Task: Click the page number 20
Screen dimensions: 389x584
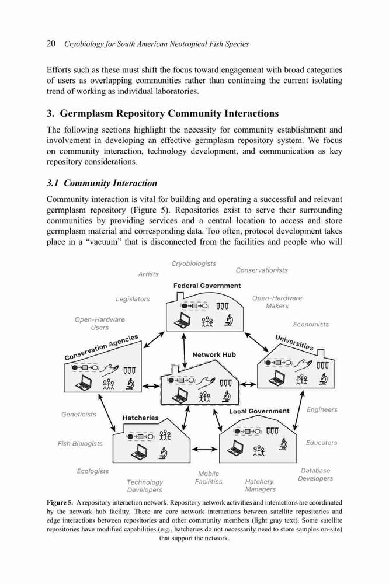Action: click(x=51, y=44)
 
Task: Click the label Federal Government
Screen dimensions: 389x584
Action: click(x=207, y=286)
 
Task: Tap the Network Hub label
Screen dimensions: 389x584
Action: click(x=214, y=355)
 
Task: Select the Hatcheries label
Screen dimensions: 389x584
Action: click(x=140, y=418)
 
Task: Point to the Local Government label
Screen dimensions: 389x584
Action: click(x=259, y=411)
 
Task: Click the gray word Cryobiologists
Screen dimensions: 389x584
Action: click(x=193, y=264)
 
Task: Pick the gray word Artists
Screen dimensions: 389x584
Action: click(x=148, y=274)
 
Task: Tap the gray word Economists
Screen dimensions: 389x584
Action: click(x=311, y=324)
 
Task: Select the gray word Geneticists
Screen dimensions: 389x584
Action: click(x=79, y=414)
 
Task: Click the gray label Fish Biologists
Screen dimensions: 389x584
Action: click(x=80, y=444)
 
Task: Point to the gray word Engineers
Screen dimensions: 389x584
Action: click(x=322, y=410)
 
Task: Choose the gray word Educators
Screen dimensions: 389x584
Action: click(x=321, y=443)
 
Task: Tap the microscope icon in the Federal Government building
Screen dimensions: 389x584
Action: click(x=229, y=320)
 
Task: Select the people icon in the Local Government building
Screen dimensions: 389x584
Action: click(x=259, y=450)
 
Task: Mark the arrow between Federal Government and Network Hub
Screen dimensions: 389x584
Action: click(x=184, y=350)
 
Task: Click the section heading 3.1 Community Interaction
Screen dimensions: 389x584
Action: click(x=102, y=183)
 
